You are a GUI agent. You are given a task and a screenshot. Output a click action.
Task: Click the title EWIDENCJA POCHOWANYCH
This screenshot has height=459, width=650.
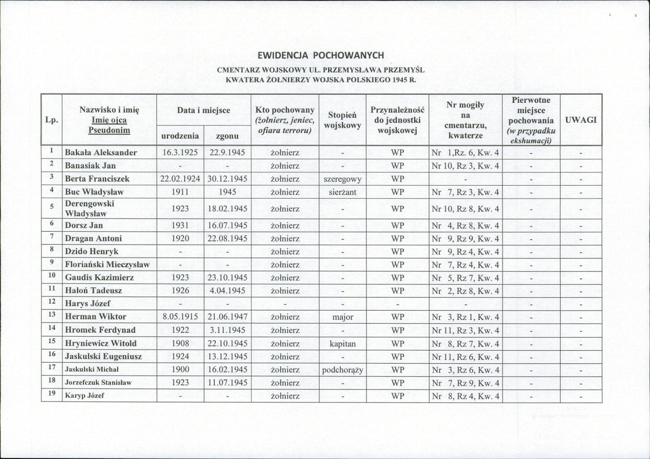click(x=321, y=55)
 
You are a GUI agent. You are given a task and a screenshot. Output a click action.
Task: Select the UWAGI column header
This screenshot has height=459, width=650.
click(x=581, y=120)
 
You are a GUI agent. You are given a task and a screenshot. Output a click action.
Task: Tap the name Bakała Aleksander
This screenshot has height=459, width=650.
click(x=101, y=153)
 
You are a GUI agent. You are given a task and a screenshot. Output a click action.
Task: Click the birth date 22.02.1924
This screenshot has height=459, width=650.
click(x=180, y=179)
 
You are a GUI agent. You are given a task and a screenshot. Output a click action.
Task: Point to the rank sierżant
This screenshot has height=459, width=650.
click(x=342, y=192)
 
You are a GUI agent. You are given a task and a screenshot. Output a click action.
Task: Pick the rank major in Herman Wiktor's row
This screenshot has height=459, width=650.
click(x=342, y=317)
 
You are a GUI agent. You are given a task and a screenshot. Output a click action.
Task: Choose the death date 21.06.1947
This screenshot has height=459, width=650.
click(x=227, y=317)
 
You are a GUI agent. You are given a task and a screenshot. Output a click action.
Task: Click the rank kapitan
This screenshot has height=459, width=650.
click(x=342, y=343)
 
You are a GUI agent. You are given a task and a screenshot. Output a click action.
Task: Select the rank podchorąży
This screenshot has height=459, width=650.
click(x=342, y=370)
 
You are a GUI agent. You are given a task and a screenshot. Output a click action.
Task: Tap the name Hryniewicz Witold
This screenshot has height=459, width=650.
click(x=101, y=343)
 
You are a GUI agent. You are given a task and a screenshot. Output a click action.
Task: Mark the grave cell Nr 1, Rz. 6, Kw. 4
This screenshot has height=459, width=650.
click(x=465, y=153)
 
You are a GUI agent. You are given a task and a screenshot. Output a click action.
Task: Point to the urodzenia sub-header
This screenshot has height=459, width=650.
click(x=180, y=136)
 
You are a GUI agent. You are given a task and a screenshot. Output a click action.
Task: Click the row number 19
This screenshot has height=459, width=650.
click(x=51, y=395)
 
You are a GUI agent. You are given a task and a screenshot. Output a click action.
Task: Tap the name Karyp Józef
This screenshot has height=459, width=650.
click(x=85, y=396)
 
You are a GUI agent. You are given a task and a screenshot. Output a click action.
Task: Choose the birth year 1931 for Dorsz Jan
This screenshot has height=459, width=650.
click(x=180, y=225)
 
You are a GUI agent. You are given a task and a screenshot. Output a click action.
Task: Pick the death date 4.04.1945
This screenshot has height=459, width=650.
click(x=227, y=291)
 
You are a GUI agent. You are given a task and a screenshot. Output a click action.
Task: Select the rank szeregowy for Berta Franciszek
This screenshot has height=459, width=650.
click(x=342, y=179)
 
